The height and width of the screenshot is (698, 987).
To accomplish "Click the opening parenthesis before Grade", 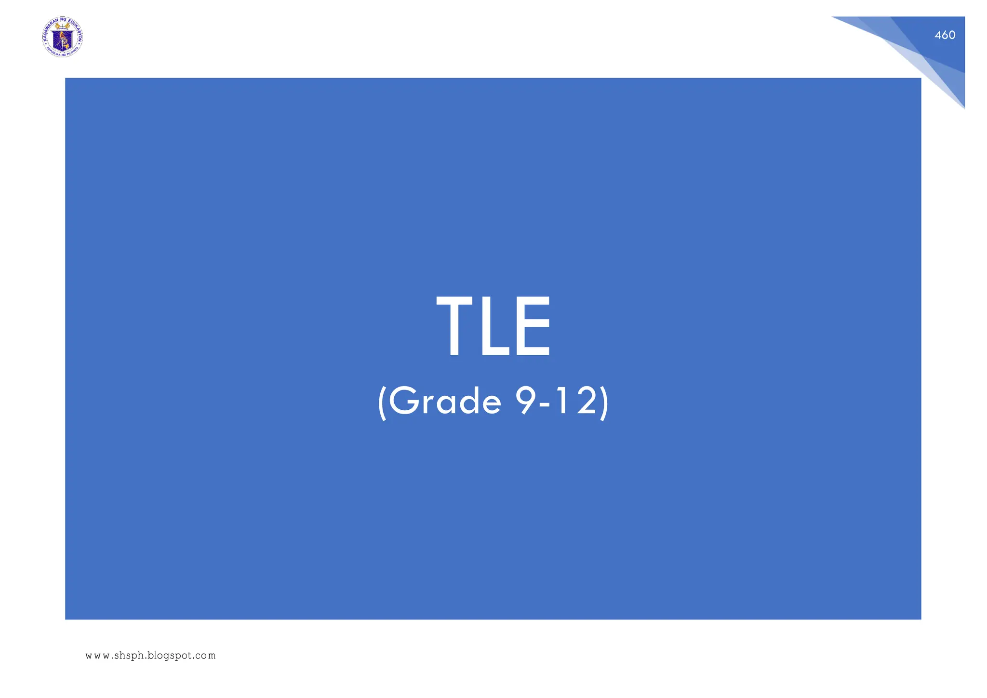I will tap(382, 402).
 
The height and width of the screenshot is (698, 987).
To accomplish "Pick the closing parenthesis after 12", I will tap(604, 402).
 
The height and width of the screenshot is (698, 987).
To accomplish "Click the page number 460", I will tap(945, 35).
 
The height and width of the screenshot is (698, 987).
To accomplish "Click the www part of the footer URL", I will tap(97, 656).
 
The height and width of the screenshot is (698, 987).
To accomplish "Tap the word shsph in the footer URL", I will tap(129, 656).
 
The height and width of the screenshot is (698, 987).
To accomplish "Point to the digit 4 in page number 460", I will tap(938, 35).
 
